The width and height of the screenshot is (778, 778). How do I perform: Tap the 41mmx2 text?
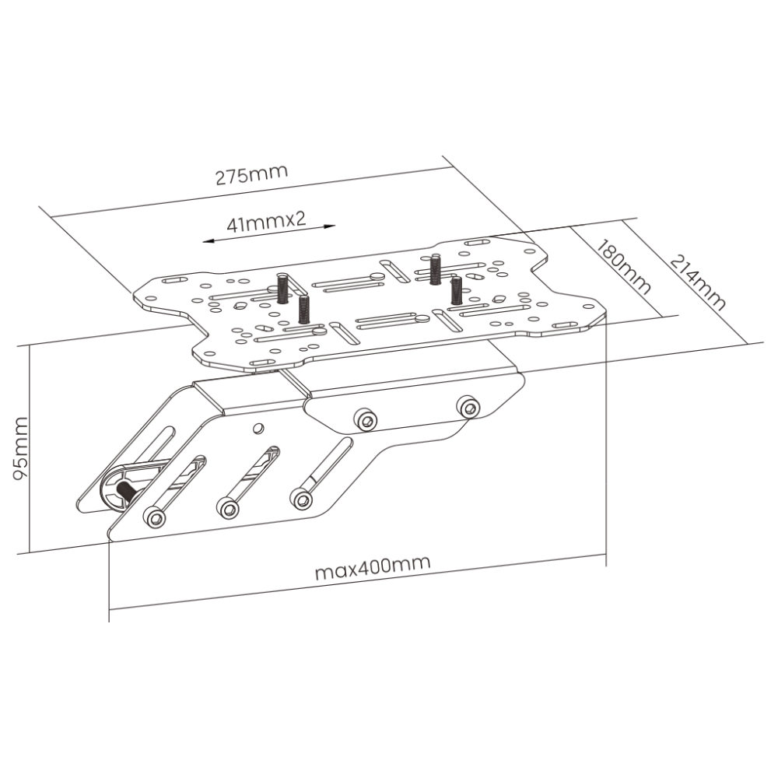[x=266, y=222]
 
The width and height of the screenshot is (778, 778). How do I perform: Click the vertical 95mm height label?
[x=21, y=448]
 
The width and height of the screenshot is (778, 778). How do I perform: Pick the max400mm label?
[x=373, y=568]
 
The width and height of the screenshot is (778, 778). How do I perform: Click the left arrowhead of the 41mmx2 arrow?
[x=209, y=241]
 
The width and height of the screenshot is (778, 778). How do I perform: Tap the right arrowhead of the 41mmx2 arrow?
[x=329, y=226]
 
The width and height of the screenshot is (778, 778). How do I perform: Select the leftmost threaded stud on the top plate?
[x=283, y=288]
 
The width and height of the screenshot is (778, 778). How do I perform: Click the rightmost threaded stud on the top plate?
[x=456, y=290]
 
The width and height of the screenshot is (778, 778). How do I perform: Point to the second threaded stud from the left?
[x=303, y=310]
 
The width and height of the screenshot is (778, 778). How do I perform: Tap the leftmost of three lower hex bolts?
[x=155, y=518]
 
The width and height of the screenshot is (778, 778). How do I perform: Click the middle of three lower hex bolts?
[x=228, y=508]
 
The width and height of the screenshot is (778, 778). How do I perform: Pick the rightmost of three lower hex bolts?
[x=302, y=499]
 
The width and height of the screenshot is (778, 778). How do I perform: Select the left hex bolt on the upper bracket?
[x=366, y=420]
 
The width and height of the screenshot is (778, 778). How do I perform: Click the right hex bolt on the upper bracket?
[x=468, y=408]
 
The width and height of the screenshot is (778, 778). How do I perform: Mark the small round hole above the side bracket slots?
[x=258, y=428]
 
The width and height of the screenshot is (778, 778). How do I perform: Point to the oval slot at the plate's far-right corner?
[x=566, y=325]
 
